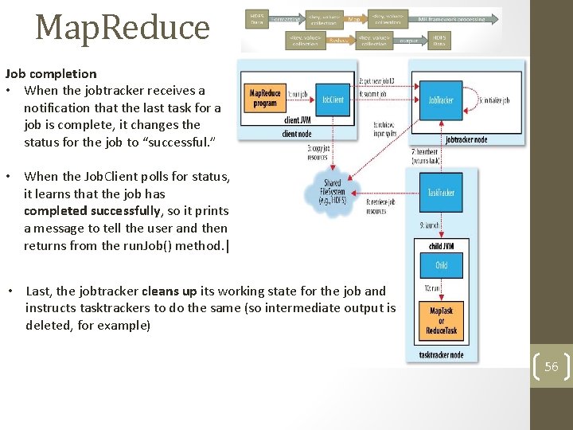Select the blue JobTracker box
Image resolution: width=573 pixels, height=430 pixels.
coord(441,101)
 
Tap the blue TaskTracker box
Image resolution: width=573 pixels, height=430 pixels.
coord(441,192)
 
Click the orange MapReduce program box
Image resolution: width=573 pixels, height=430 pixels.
coord(264,98)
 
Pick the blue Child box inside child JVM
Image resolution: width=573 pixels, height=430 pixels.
coord(441,265)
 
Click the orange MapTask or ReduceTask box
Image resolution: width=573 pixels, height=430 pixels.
coord(442,320)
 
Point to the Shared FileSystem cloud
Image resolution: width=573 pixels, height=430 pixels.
coord(332,192)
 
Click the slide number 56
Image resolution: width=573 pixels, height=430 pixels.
coord(552,367)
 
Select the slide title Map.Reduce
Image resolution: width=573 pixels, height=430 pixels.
coord(123,27)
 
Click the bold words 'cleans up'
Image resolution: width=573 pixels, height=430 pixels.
coord(170,291)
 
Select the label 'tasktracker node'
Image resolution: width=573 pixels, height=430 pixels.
coord(441,355)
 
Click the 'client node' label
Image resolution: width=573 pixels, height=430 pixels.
coord(297,134)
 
